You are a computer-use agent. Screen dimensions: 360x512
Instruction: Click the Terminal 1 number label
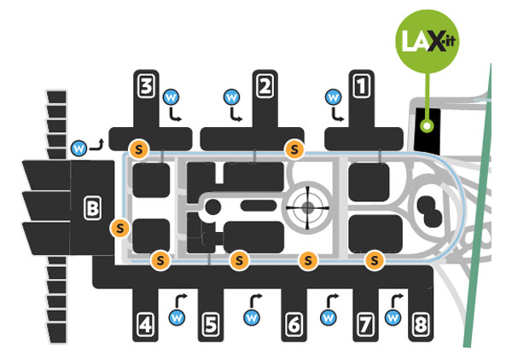coord(362,84)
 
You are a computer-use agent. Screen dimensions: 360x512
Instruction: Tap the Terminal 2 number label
coord(265,84)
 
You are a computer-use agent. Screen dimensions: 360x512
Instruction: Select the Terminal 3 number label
coord(147,84)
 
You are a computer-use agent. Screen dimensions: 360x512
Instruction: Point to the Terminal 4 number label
coord(147,324)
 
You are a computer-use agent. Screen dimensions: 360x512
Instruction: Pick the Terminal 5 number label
coord(210,324)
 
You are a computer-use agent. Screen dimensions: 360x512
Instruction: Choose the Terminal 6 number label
coord(294,324)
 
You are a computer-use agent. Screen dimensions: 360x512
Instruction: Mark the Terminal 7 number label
coord(365,324)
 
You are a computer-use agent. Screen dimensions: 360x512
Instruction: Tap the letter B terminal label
coord(92,206)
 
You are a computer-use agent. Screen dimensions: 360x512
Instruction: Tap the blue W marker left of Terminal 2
coord(230,96)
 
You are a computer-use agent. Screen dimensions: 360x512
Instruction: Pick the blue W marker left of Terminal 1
coord(333,96)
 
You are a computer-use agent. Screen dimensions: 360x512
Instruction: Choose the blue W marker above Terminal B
coord(79,148)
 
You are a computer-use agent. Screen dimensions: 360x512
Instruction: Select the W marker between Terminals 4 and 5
coord(177,317)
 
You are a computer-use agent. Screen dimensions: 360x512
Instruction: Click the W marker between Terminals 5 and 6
coord(251,317)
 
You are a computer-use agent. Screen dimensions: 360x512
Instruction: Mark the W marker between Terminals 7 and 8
coord(393,317)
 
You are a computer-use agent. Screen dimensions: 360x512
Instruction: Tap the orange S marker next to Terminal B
coord(120,228)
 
